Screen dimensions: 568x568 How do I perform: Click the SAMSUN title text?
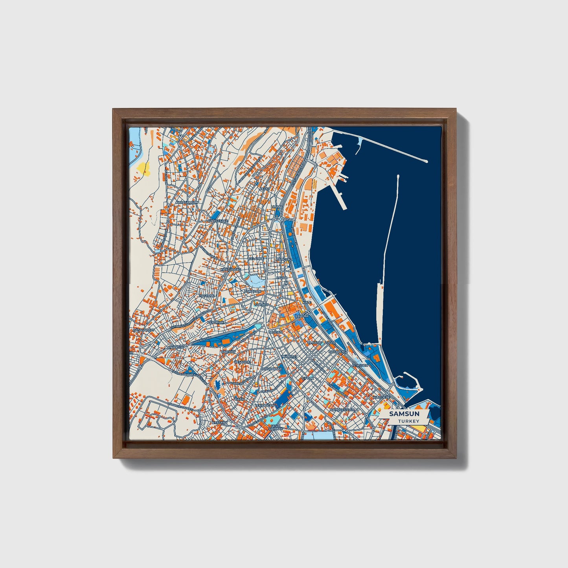pyautogui.click(x=404, y=414)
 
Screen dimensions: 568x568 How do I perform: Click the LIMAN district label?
pyautogui.click(x=276, y=206)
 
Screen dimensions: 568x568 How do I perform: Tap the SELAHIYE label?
pyautogui.click(x=256, y=259)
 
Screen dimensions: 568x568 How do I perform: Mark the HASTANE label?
pyautogui.click(x=207, y=296)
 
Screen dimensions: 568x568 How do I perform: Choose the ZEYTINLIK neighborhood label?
pyautogui.click(x=215, y=322)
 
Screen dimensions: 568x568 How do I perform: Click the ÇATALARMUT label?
pyautogui.click(x=143, y=330)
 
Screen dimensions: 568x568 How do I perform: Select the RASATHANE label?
pyautogui.click(x=272, y=369)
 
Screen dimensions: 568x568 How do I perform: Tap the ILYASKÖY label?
pyautogui.click(x=220, y=423)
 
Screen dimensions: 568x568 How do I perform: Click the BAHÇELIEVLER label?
pyautogui.click(x=343, y=409)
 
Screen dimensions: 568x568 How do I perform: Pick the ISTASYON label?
pyautogui.click(x=360, y=365)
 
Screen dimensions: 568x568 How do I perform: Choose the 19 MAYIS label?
pyautogui.click(x=315, y=343)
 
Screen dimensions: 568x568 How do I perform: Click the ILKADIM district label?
pyautogui.click(x=302, y=316)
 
